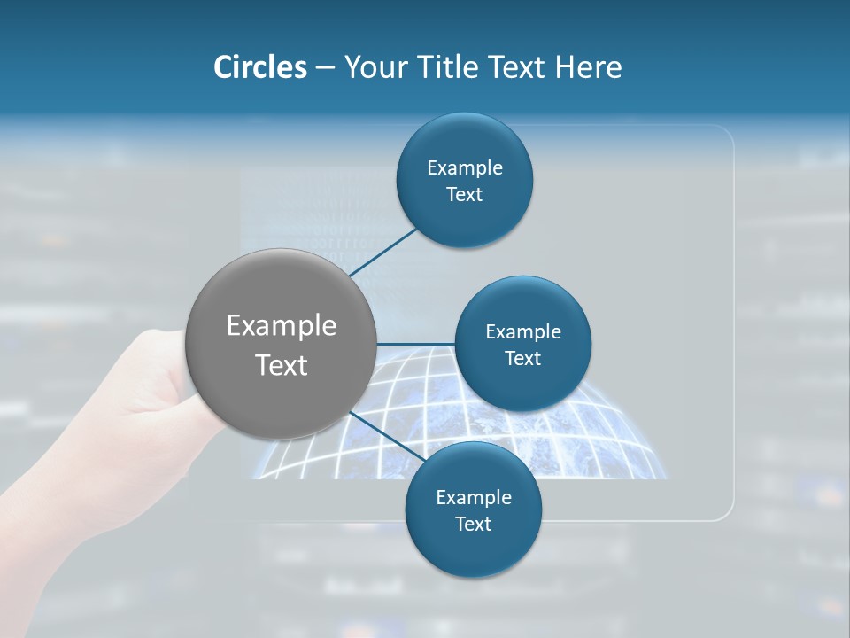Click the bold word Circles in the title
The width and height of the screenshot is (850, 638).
click(x=259, y=67)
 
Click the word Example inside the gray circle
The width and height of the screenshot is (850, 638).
click(x=282, y=326)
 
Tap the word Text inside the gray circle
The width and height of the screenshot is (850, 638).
click(x=282, y=365)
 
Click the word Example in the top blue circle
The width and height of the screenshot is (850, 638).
click(x=465, y=167)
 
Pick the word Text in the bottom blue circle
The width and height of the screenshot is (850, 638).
click(x=473, y=524)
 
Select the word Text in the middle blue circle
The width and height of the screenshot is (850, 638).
click(x=522, y=358)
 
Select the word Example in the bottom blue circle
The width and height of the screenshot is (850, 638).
click(x=474, y=497)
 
